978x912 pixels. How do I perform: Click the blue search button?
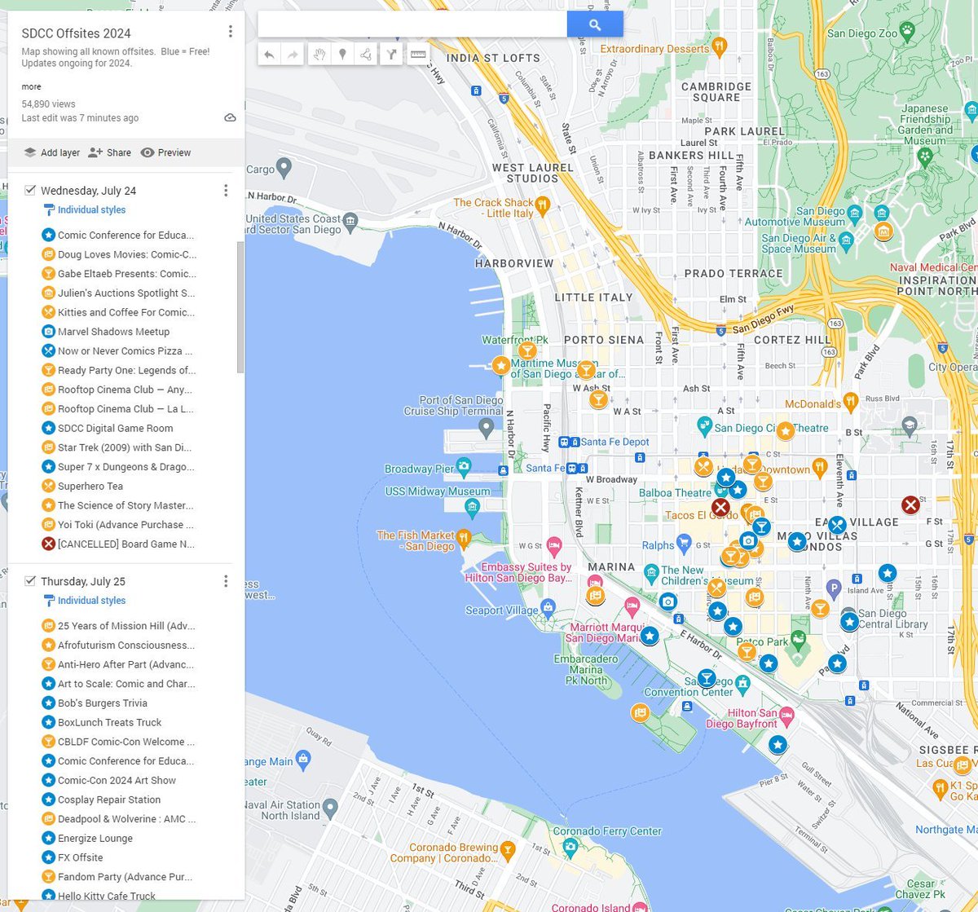(595, 25)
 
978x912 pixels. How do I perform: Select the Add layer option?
(52, 152)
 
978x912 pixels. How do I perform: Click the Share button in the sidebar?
(110, 152)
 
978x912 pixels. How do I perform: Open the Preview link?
(165, 152)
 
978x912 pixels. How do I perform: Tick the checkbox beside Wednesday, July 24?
(30, 190)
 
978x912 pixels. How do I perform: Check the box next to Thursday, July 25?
(30, 581)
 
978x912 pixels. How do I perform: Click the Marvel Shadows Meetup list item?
(113, 332)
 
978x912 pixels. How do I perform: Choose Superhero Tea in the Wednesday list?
(90, 486)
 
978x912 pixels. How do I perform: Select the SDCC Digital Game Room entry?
(115, 428)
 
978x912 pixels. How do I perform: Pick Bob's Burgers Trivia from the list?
(102, 703)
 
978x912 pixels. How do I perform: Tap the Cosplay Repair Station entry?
(108, 800)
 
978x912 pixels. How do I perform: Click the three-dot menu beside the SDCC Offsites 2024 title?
(231, 32)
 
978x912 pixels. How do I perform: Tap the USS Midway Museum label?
(438, 491)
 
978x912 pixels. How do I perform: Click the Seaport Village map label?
(501, 610)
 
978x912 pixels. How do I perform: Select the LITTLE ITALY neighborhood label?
(593, 297)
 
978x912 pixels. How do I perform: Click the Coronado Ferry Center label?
(607, 831)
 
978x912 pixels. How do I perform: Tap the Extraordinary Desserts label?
(654, 49)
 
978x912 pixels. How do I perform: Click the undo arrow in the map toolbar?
(269, 55)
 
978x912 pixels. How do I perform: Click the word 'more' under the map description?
(31, 86)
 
